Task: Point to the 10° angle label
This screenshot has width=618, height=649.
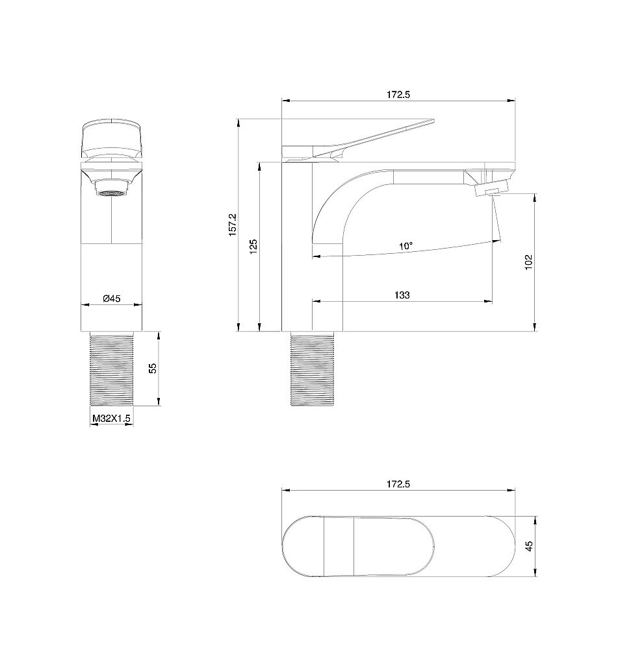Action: coord(406,246)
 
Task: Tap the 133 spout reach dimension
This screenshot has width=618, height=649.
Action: coord(402,295)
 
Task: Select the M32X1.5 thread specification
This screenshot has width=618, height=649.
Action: coord(111,419)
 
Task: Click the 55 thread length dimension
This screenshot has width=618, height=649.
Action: coord(153,368)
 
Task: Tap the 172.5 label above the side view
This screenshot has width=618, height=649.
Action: coord(398,95)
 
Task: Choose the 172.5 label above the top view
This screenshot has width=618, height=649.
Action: coord(398,484)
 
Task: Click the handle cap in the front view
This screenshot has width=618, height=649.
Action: coord(112,138)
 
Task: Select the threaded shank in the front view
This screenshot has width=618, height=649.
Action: coord(112,369)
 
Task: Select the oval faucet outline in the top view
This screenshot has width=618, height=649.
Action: coord(398,546)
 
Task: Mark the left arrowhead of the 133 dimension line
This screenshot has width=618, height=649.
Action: coord(316,302)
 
